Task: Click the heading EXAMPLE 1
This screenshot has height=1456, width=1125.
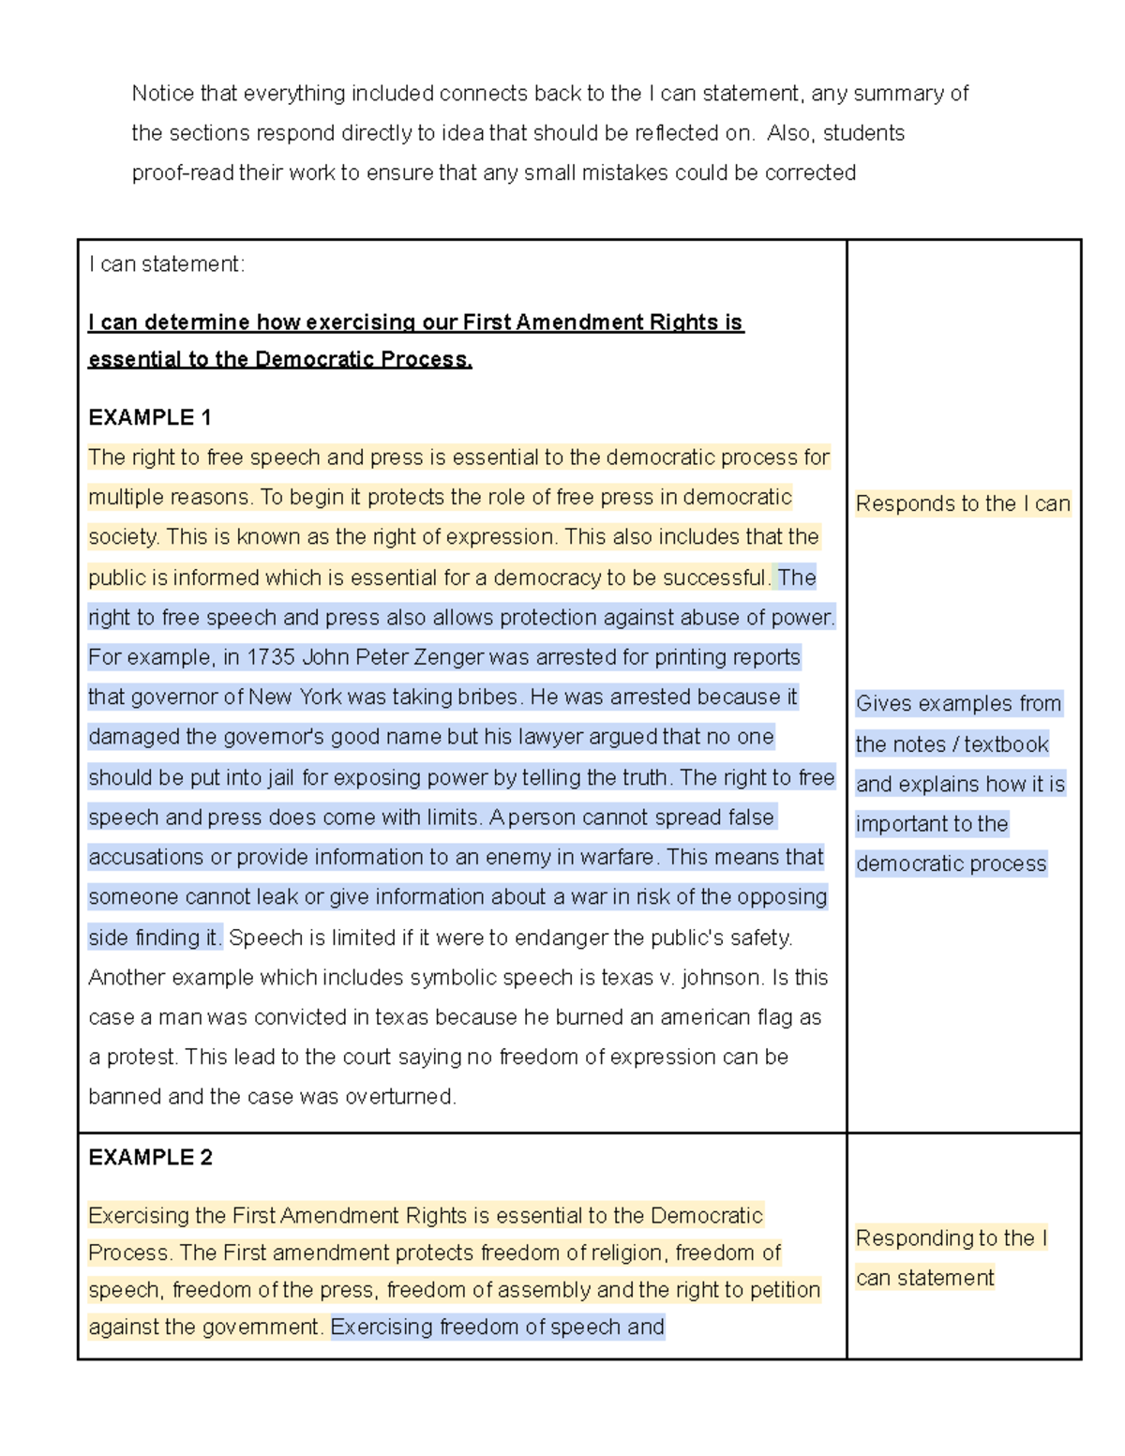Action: [149, 417]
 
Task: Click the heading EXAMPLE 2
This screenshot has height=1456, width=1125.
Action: [150, 1157]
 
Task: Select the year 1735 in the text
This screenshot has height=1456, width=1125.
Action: [271, 657]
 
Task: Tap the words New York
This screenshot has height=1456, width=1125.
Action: [294, 698]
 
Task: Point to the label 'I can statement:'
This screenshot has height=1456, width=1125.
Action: [166, 264]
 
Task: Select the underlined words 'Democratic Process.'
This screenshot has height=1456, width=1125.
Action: [364, 360]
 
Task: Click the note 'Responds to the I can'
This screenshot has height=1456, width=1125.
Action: [962, 503]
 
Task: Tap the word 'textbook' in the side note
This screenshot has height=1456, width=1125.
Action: [1006, 744]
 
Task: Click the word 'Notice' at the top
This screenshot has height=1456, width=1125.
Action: [162, 94]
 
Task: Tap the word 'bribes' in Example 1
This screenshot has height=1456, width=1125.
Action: [487, 698]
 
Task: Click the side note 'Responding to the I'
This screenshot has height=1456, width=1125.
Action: [951, 1238]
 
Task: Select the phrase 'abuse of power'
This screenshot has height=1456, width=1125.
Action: [771, 618]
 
